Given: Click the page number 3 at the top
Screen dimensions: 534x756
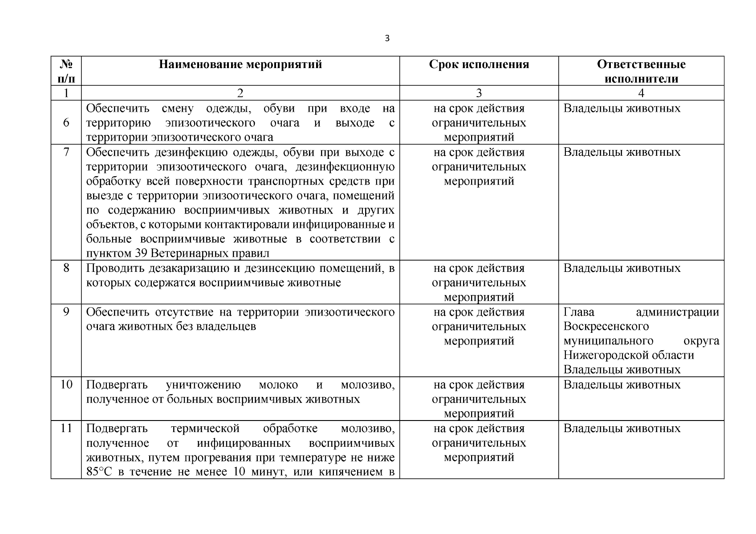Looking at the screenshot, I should [x=386, y=39].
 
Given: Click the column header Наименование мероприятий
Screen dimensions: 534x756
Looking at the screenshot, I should [x=240, y=65].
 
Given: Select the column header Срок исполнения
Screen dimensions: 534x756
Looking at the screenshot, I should [x=479, y=65].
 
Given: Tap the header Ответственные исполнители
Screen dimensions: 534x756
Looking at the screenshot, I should [x=641, y=71].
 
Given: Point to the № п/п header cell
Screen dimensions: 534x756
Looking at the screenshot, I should [x=66, y=71].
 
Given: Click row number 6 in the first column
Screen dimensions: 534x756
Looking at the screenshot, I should [x=66, y=122].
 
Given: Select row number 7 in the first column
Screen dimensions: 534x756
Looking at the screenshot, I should [x=66, y=152].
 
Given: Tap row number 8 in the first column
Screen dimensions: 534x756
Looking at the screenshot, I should [x=66, y=268].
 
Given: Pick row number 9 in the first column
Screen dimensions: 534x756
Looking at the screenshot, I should [x=66, y=311].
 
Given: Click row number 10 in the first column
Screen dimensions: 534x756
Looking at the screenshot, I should [x=66, y=384].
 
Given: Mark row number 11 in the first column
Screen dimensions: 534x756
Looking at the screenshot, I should [x=66, y=428].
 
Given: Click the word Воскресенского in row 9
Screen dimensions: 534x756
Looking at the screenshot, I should [x=606, y=326].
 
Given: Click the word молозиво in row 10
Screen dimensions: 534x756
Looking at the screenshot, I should [x=367, y=384].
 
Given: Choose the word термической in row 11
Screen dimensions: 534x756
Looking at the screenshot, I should [x=205, y=429].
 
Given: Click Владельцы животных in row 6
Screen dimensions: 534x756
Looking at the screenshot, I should [x=622, y=109].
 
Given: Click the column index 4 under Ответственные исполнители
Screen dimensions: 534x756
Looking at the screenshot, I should [x=641, y=93].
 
